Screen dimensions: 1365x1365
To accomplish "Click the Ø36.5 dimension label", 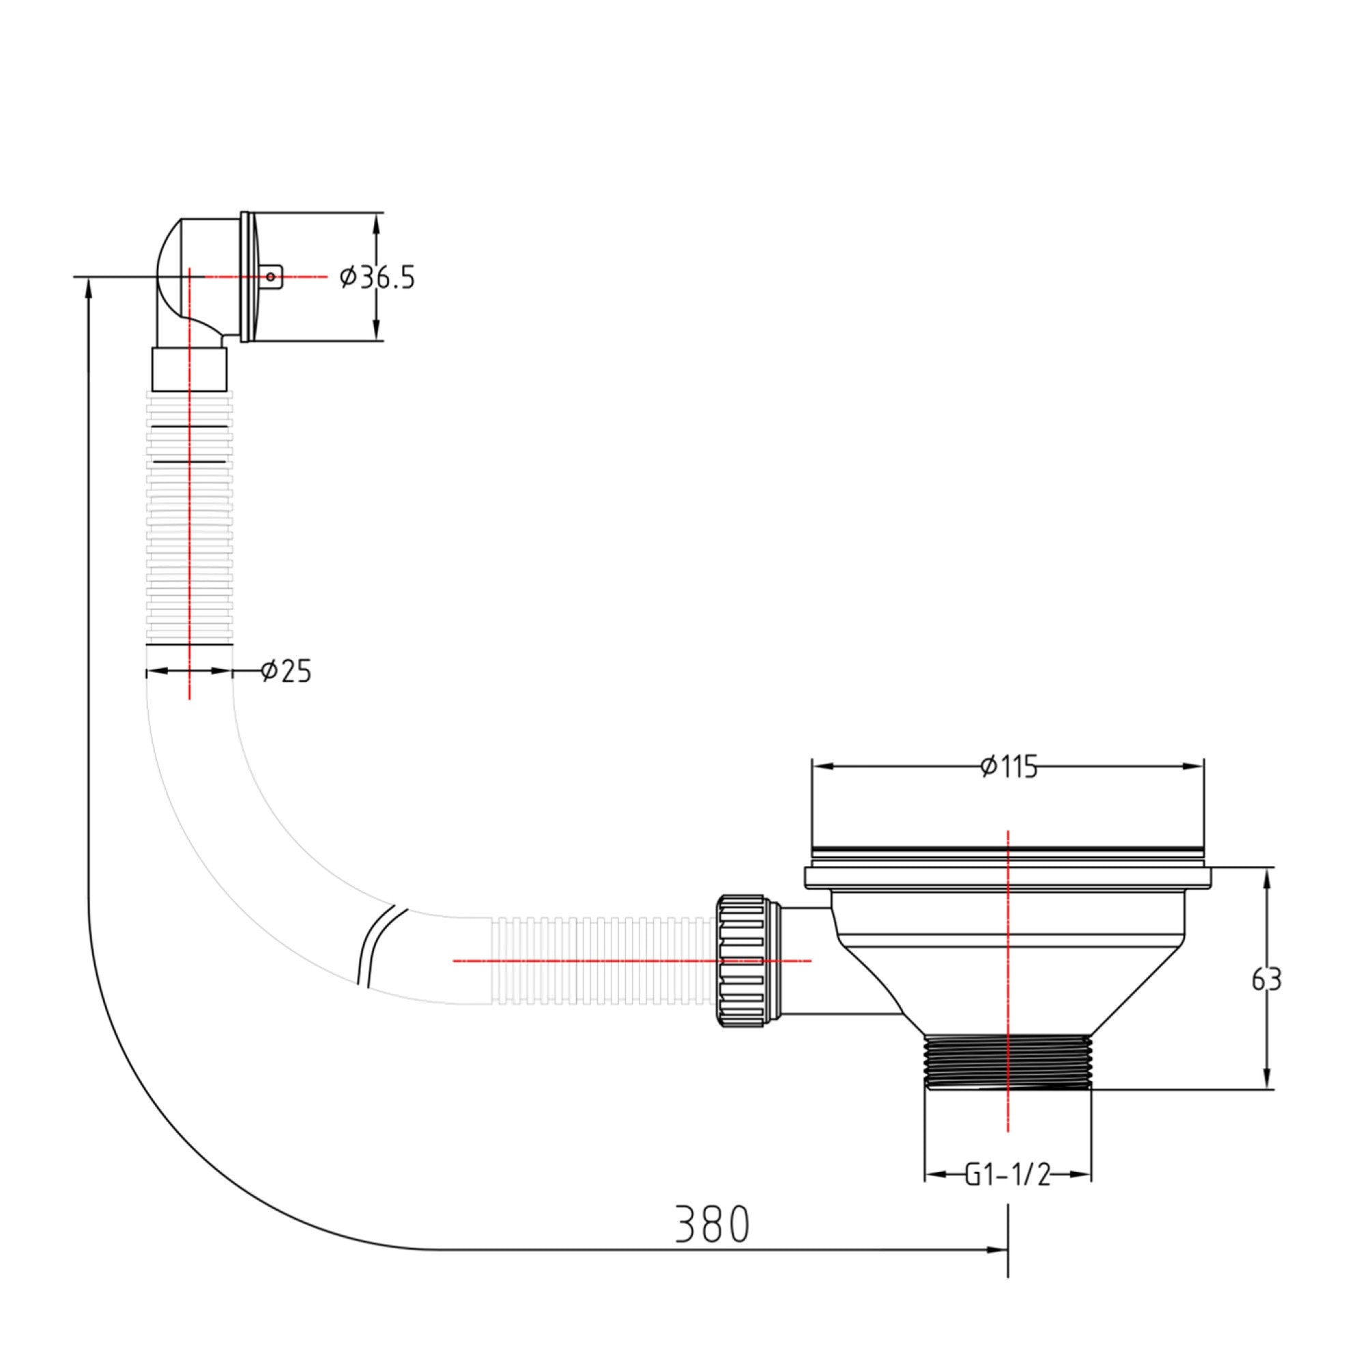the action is (377, 278).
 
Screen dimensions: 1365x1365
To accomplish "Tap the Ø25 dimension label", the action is (285, 671).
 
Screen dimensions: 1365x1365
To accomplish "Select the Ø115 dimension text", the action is (1009, 766).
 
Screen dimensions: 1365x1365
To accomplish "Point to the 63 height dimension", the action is (1266, 979).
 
